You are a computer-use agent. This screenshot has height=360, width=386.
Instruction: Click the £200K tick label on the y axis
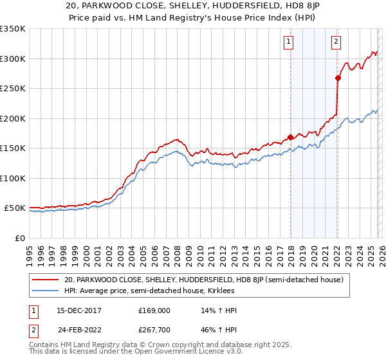13,118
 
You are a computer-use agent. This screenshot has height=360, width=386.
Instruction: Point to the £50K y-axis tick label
15,208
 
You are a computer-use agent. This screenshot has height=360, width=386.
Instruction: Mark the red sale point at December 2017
290,137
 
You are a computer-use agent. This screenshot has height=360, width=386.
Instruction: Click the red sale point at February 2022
338,78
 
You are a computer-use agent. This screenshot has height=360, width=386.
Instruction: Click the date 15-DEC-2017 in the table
78,310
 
